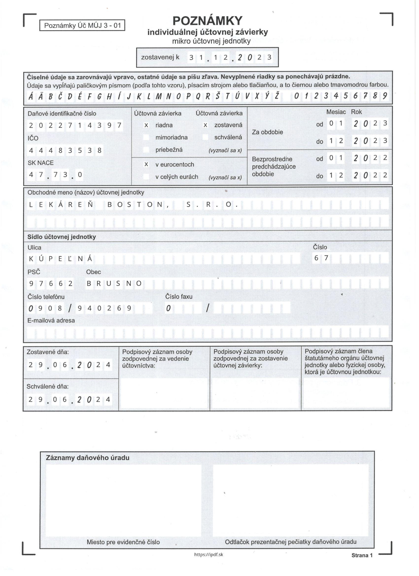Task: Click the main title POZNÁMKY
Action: tap(207, 21)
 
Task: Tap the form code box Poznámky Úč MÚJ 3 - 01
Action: tap(82, 26)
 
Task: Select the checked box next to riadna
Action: tap(146, 125)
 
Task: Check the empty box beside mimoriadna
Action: tap(146, 138)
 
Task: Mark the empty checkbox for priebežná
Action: tap(146, 150)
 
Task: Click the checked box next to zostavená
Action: tap(205, 125)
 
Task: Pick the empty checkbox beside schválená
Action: tap(205, 137)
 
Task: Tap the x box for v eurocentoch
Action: tap(146, 165)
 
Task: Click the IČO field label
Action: tap(33, 138)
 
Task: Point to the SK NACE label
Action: tap(41, 163)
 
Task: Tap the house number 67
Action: tap(321, 258)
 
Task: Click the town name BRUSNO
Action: tap(114, 284)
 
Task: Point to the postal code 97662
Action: tap(51, 284)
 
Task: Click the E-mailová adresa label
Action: tap(51, 321)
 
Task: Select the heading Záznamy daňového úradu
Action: tap(88, 458)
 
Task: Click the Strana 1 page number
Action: tap(362, 555)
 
